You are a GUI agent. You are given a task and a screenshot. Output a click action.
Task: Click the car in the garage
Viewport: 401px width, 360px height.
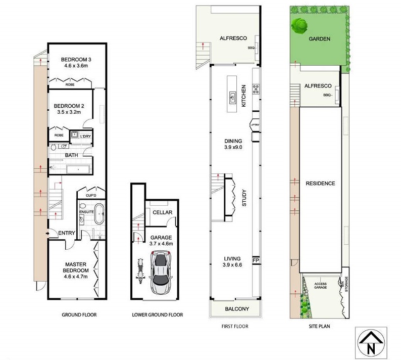[x=161, y=273]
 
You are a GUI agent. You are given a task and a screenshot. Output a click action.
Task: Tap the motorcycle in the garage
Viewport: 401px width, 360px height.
[x=140, y=271]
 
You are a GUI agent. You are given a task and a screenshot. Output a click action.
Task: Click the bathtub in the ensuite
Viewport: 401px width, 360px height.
[x=99, y=214]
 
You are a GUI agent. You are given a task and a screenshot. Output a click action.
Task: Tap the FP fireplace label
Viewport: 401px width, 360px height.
[x=256, y=260]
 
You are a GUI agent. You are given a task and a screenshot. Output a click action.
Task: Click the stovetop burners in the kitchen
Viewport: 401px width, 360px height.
[x=256, y=89]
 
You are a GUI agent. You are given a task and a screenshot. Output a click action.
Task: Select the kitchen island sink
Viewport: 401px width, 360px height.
[x=232, y=98]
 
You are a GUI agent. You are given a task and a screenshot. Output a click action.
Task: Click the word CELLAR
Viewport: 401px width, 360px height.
[x=163, y=212]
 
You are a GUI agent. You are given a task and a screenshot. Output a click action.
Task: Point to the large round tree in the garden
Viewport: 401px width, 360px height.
[x=299, y=26]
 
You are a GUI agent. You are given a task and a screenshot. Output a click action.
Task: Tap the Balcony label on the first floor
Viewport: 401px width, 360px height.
[x=237, y=309]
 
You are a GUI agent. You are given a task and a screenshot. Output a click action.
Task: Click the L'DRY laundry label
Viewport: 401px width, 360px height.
[x=85, y=136]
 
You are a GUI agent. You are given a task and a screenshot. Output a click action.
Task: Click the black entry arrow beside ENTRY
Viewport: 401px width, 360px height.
[x=47, y=233]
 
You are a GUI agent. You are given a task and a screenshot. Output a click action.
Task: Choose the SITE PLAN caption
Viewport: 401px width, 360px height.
[x=319, y=326]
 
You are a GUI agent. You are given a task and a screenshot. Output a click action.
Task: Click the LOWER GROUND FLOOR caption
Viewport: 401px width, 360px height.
[x=157, y=314]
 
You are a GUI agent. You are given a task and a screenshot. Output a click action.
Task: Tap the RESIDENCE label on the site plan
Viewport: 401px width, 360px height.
[x=320, y=184]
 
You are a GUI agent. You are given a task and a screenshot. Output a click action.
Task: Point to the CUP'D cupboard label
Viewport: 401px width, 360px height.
[x=91, y=196]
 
